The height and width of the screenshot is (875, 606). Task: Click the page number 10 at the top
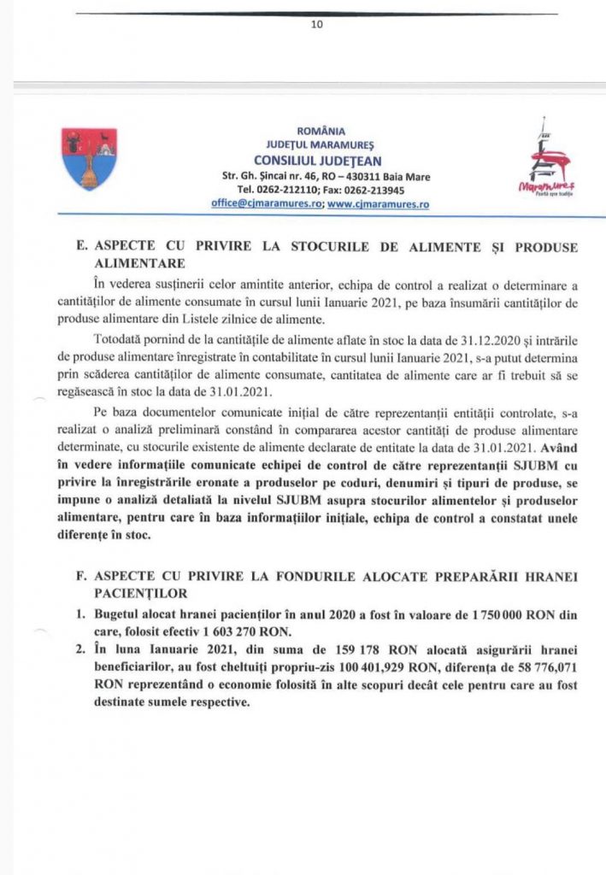pyautogui.click(x=317, y=25)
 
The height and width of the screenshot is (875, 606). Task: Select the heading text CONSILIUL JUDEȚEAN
pyautogui.click(x=318, y=161)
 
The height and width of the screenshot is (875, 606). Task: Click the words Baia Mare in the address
pyautogui.click(x=407, y=176)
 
